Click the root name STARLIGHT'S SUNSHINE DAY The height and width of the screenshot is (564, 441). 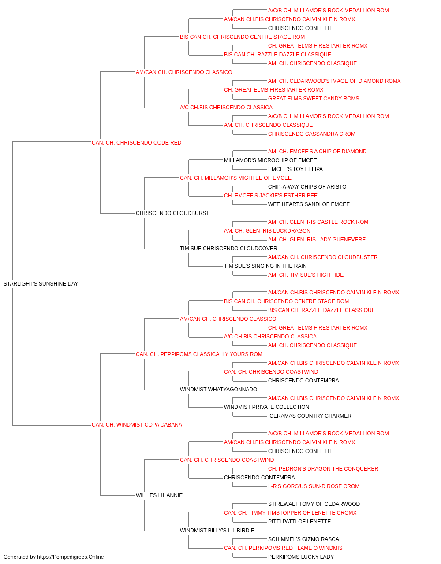point(41,284)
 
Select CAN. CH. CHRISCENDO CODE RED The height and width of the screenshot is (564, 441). point(136,143)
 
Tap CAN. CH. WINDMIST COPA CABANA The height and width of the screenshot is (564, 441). point(137,425)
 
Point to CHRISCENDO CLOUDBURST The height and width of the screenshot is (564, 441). point(172,213)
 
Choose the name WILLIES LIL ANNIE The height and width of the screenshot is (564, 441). point(159,495)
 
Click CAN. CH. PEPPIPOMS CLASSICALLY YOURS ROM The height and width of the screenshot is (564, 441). point(199,354)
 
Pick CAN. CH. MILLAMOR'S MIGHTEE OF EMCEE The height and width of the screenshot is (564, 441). point(235,178)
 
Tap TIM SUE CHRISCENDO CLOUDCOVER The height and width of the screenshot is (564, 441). point(228,249)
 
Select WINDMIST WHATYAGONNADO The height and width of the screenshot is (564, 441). point(218,390)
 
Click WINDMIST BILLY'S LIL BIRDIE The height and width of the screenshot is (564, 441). point(217,530)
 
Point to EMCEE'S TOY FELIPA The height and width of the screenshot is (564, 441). point(295,169)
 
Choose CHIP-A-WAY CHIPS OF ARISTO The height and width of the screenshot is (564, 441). point(307,187)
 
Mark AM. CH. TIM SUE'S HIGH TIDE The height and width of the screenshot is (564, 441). point(306,275)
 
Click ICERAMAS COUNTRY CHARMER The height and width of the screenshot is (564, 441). point(310,416)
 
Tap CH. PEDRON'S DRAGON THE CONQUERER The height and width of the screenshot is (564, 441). point(323,469)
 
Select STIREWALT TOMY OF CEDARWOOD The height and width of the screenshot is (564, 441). point(314,504)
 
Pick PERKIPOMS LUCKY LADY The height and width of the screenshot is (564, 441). point(301,557)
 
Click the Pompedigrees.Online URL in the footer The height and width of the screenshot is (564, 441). point(71,557)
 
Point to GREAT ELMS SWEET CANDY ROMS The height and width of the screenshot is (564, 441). point(314,99)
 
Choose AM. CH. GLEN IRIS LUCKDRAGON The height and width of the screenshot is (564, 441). point(267,231)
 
